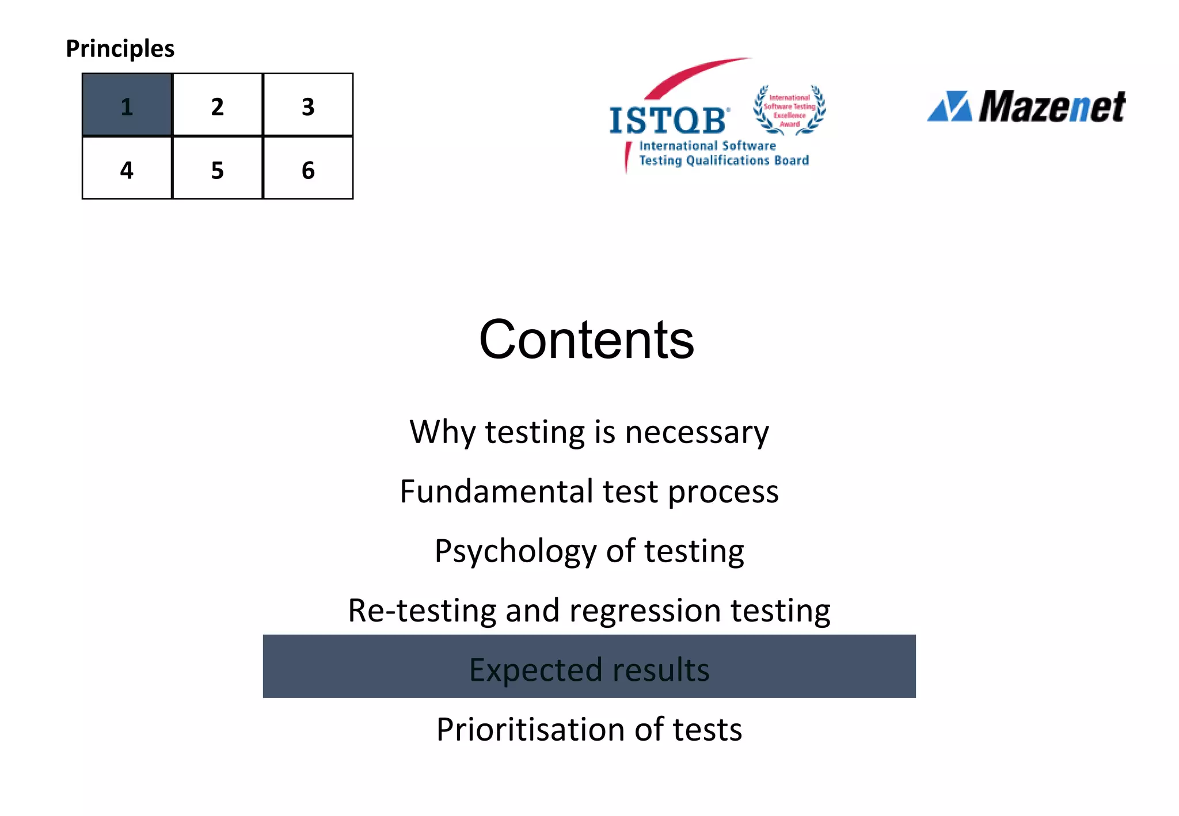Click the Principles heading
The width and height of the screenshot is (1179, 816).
click(x=120, y=48)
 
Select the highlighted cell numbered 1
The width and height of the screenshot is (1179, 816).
click(x=127, y=105)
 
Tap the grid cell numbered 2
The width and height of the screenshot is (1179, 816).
click(x=218, y=105)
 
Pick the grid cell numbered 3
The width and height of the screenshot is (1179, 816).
click(x=308, y=105)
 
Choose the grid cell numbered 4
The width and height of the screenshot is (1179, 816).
click(x=127, y=169)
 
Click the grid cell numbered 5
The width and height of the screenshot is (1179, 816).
click(x=218, y=169)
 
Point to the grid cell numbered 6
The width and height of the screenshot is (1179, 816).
click(x=308, y=169)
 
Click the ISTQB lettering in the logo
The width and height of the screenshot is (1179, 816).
click(x=668, y=121)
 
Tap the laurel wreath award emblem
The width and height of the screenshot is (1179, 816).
click(x=789, y=110)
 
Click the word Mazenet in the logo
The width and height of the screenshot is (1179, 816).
click(x=1052, y=107)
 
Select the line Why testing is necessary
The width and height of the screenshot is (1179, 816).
click(x=589, y=432)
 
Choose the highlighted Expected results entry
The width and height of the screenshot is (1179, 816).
click(x=589, y=669)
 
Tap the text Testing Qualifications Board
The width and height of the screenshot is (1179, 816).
click(x=724, y=161)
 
